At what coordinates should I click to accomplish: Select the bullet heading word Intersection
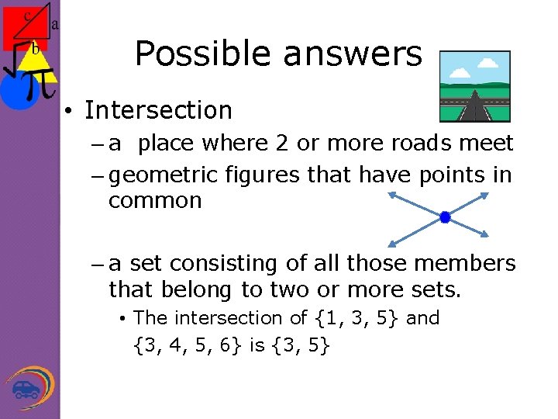158,110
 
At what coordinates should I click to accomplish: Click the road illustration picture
474,86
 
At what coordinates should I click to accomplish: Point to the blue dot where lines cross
445,217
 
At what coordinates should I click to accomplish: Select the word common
155,201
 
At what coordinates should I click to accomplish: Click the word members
466,264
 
